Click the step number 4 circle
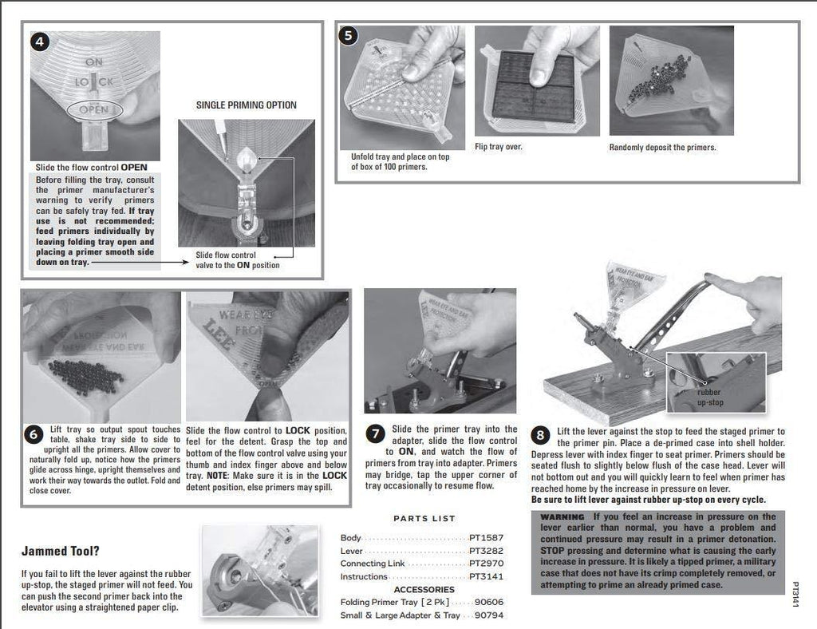click(40, 42)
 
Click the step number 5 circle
click(348, 36)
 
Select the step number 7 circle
click(376, 434)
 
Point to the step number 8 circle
click(541, 435)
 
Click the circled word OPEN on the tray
click(94, 109)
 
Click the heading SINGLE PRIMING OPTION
click(246, 105)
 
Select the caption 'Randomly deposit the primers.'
click(662, 148)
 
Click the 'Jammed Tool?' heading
click(61, 551)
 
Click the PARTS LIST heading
click(424, 519)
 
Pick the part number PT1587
click(486, 538)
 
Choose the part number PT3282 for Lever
click(486, 551)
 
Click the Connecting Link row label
click(373, 564)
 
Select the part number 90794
click(489, 615)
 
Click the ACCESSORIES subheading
click(424, 590)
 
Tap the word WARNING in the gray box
click(562, 516)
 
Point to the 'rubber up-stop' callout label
click(709, 398)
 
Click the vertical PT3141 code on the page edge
click(795, 595)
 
